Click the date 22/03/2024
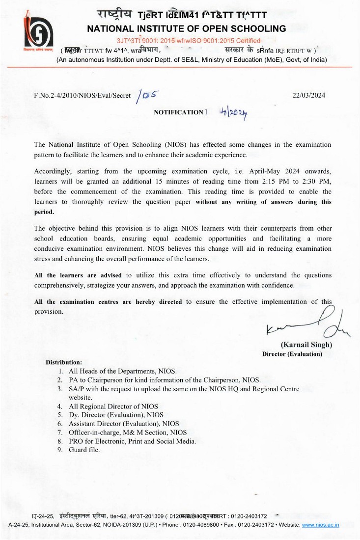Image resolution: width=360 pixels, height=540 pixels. (308, 95)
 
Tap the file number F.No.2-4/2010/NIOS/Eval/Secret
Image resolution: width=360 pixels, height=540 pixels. (82, 95)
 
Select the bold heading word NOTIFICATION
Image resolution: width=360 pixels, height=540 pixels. (178, 112)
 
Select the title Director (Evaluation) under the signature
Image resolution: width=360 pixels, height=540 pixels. (292, 354)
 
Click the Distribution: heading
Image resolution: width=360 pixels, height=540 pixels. (64, 362)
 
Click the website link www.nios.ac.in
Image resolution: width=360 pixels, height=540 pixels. (320, 525)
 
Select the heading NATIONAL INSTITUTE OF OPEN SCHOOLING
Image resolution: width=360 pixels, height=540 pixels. (186, 28)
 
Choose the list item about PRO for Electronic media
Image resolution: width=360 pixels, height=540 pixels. (132, 441)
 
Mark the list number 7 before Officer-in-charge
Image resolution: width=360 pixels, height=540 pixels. (59, 432)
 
